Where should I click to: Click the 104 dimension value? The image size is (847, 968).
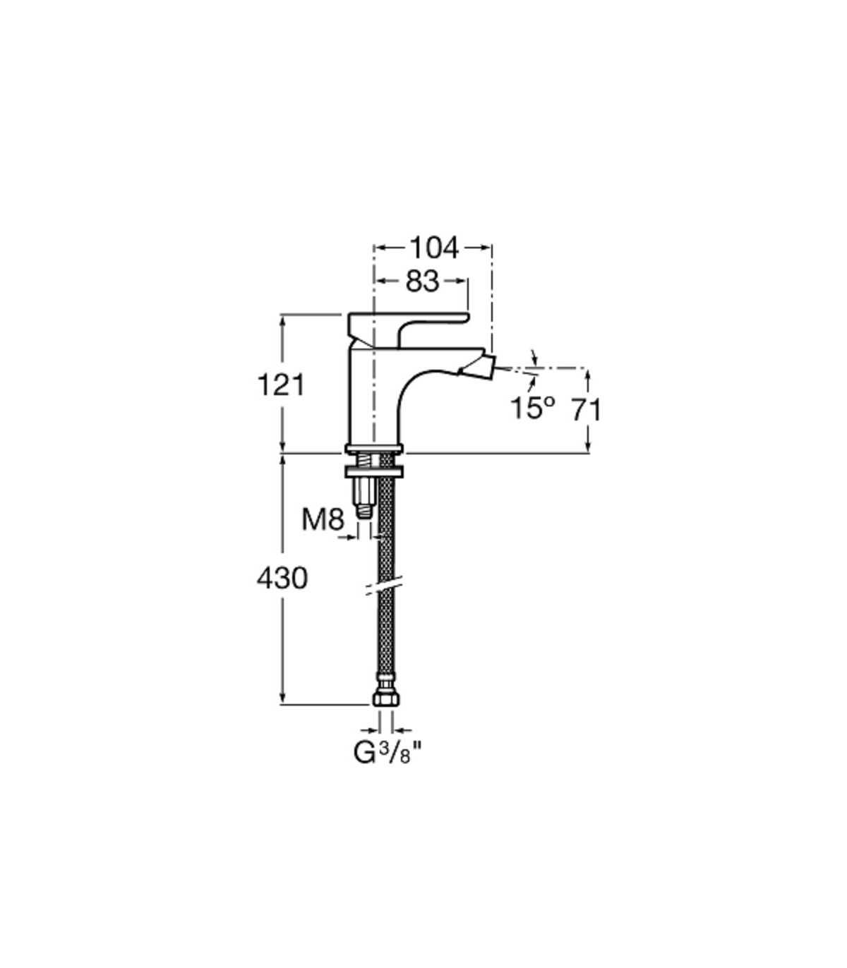coord(434,248)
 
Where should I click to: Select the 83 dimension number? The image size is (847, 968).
coord(423,282)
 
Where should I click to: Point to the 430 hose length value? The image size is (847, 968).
coord(282,578)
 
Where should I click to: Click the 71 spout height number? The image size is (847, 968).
coord(587,409)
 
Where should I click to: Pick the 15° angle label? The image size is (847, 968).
coord(532,408)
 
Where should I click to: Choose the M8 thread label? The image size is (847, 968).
coord(323,520)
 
